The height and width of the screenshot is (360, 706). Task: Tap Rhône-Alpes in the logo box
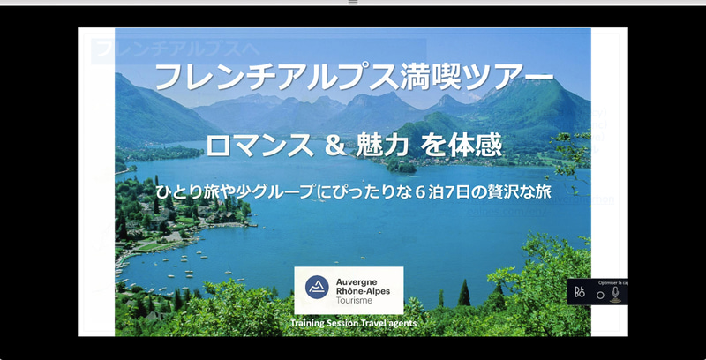pyautogui.click(x=366, y=290)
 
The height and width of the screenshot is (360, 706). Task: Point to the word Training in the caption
pyautogui.click(x=311, y=324)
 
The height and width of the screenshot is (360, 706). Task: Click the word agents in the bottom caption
pyautogui.click(x=400, y=324)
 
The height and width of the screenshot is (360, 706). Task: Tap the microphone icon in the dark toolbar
pyautogui.click(x=615, y=293)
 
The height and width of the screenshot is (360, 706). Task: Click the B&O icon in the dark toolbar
pyautogui.click(x=579, y=293)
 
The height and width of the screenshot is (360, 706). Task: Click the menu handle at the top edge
pyautogui.click(x=353, y=3)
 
